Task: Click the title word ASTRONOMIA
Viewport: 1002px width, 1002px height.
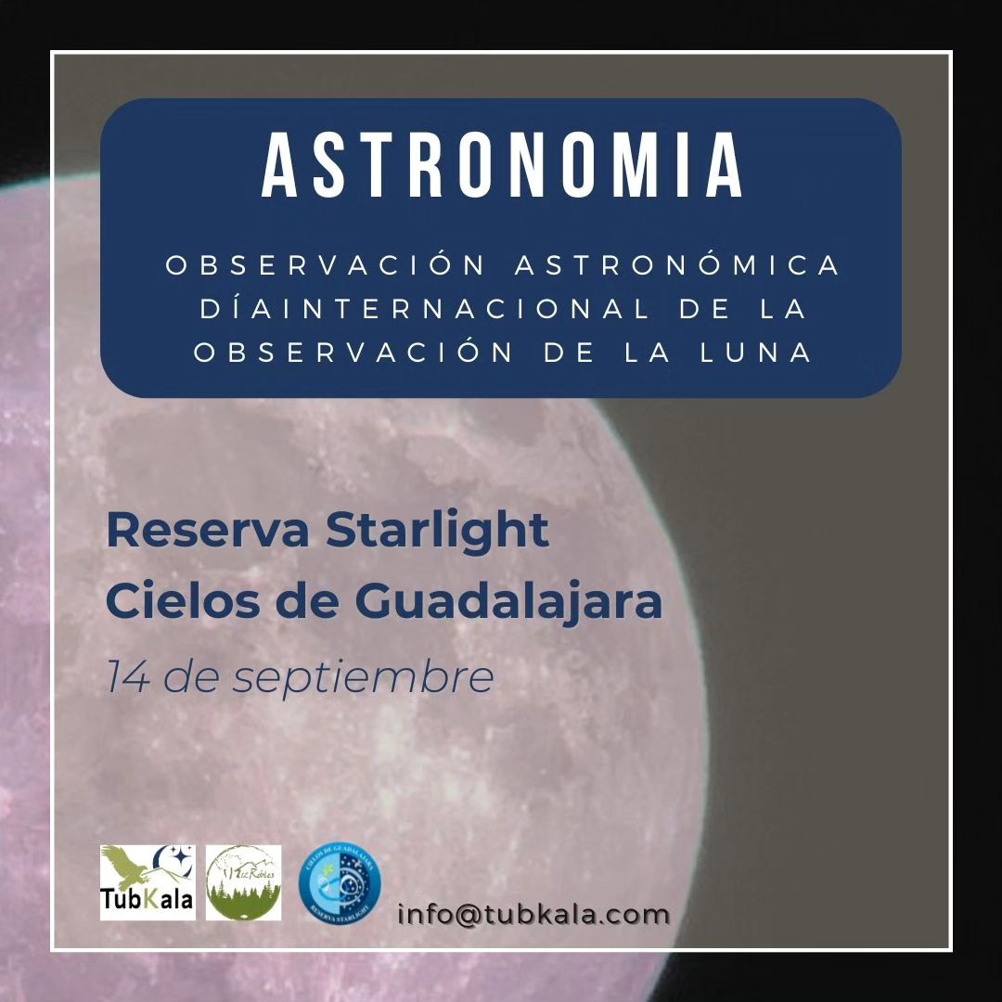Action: [502, 167]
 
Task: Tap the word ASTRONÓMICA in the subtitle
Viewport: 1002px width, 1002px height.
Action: [677, 265]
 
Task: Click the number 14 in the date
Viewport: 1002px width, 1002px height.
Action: [128, 677]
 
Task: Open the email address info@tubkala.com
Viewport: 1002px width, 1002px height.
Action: [533, 914]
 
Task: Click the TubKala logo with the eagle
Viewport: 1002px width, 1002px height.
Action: [148, 882]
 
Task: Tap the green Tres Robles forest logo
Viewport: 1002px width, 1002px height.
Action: [243, 882]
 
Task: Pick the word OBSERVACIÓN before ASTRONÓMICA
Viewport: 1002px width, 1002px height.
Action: [325, 265]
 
